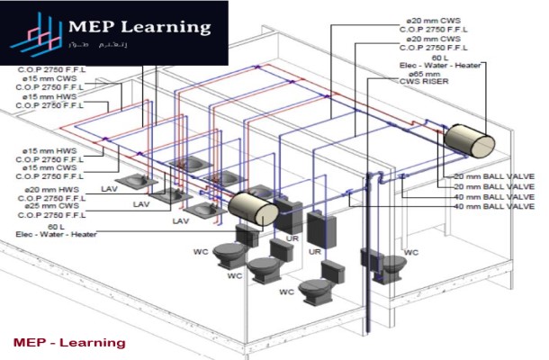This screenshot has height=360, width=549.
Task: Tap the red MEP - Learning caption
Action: coord(70,343)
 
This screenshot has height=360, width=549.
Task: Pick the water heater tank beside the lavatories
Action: coord(253,210)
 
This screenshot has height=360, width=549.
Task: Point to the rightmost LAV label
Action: coord(181,220)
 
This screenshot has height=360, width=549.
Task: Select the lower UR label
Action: coord(315,253)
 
